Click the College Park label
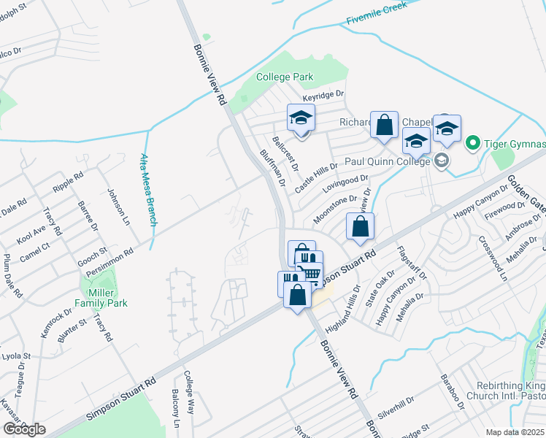click(285, 77)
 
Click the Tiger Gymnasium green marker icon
click(472, 142)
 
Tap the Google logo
click(24, 429)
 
